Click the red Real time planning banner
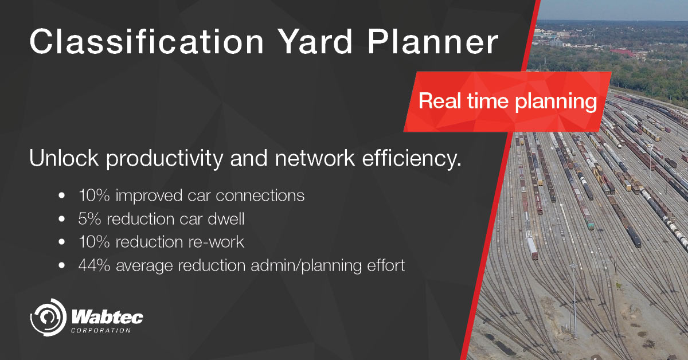pyautogui.click(x=507, y=102)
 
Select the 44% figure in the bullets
pyautogui.click(x=93, y=265)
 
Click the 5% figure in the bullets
pyautogui.click(x=89, y=218)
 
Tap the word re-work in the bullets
pyautogui.click(x=216, y=242)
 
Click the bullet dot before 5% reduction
pyautogui.click(x=61, y=220)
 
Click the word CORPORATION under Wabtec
pyautogui.click(x=101, y=330)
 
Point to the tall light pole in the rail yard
pyautogui.click(x=573, y=298)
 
